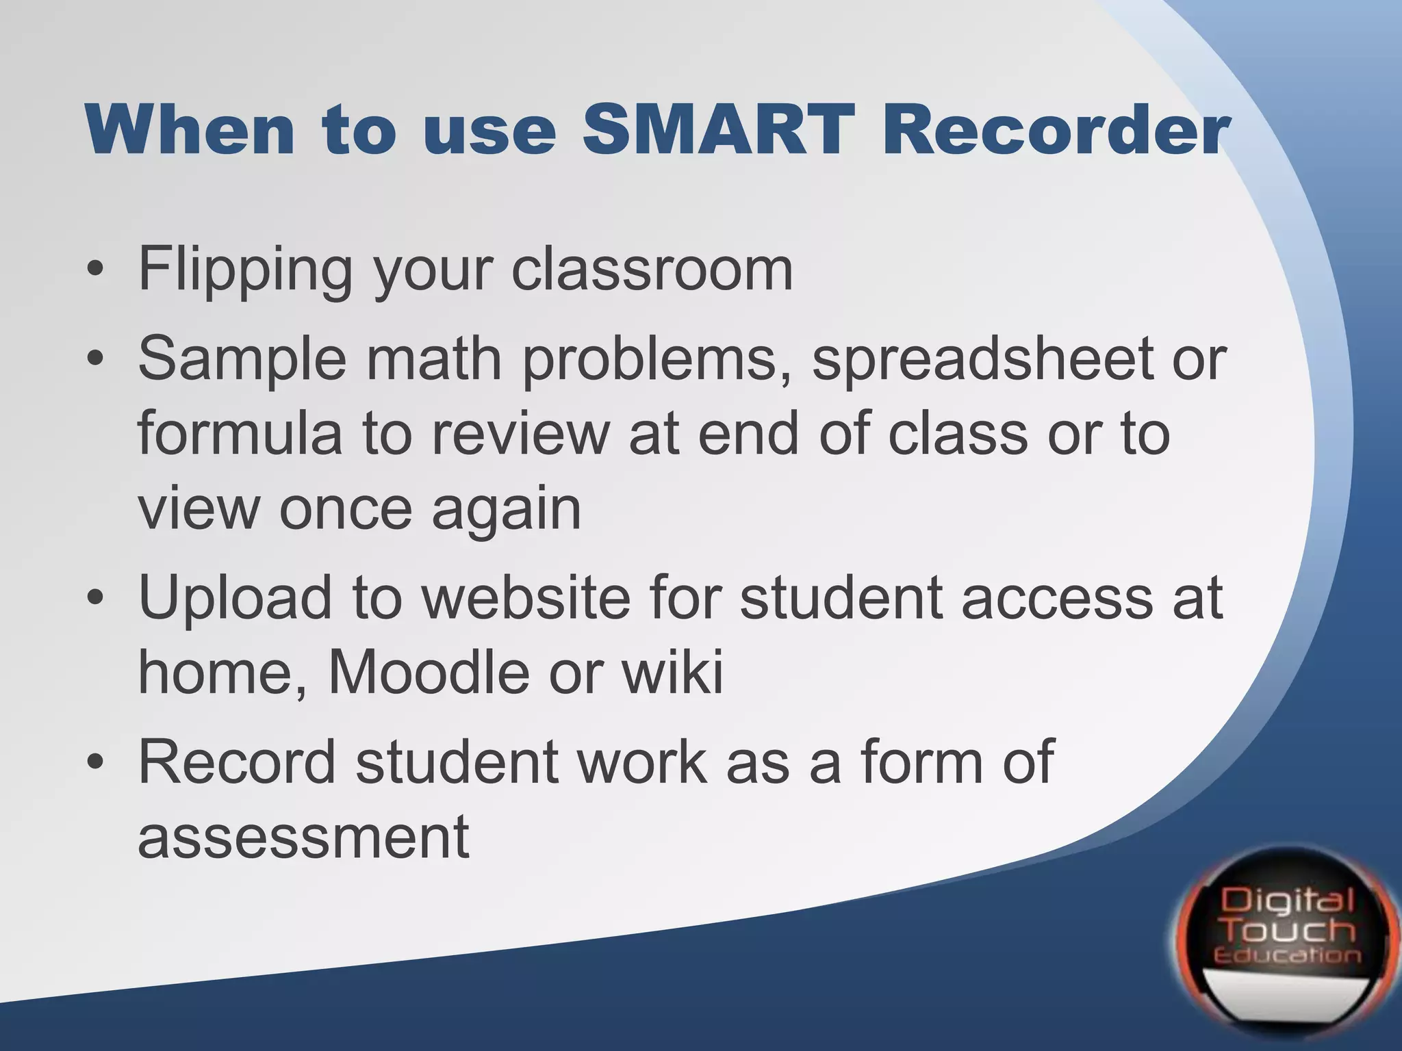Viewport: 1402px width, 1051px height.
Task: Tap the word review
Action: (x=520, y=434)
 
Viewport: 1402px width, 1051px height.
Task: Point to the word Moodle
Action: (x=429, y=673)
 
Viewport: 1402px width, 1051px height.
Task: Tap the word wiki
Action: (x=672, y=673)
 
